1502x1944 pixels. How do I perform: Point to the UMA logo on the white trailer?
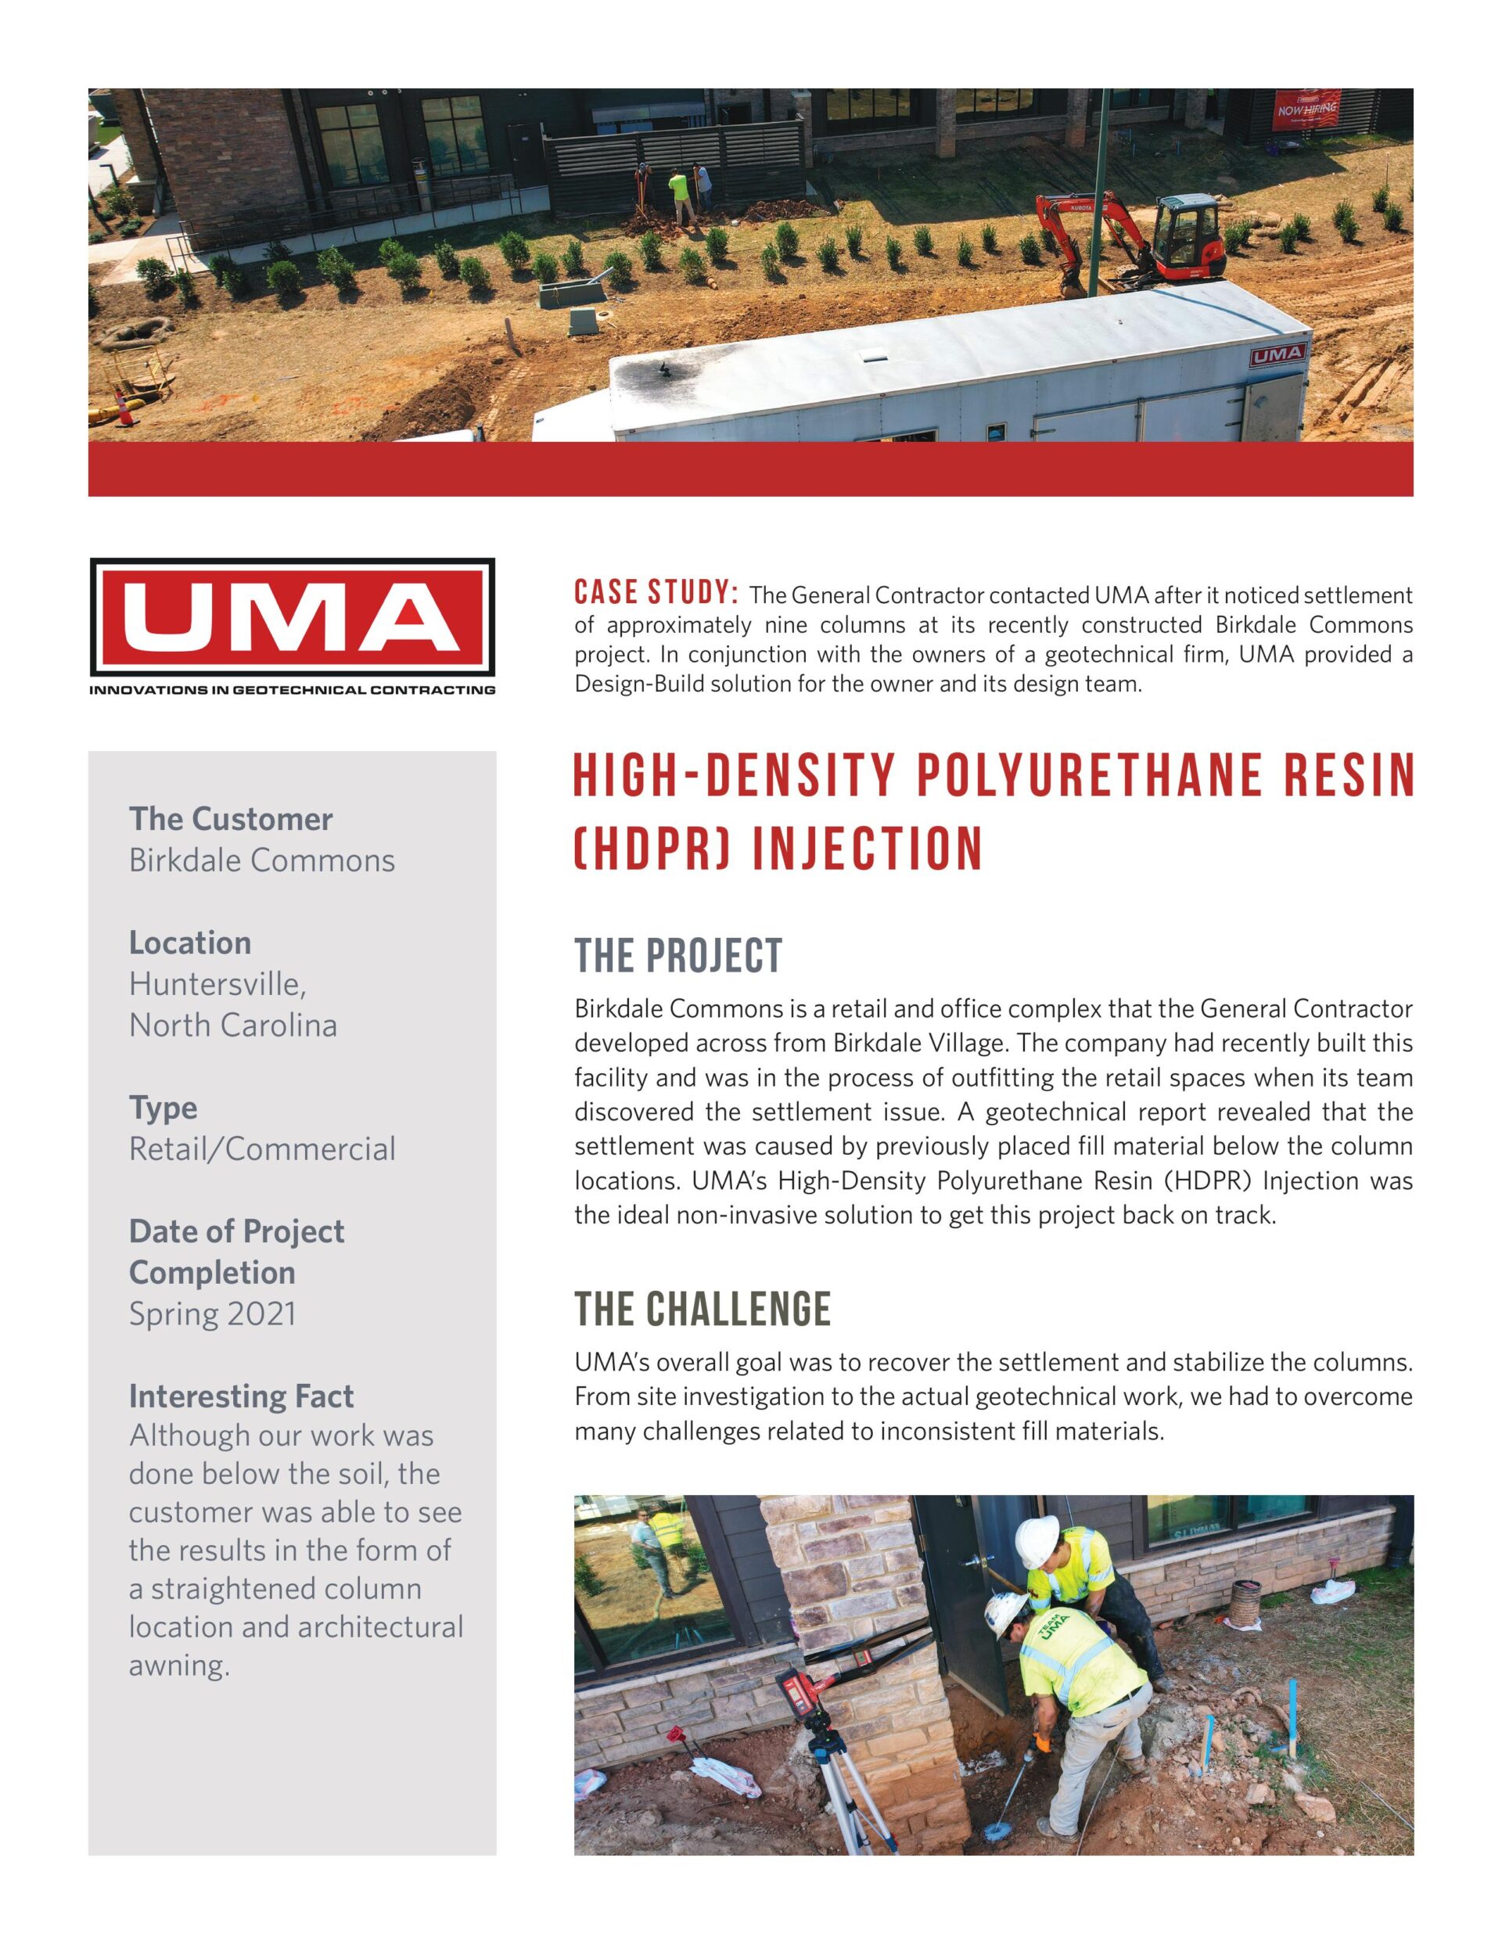(x=1279, y=357)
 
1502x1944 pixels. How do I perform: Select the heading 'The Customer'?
(x=231, y=819)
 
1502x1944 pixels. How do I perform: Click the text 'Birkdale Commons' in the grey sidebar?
(x=262, y=861)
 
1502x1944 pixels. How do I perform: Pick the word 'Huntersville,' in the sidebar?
(x=218, y=984)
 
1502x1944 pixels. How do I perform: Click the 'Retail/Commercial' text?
(x=262, y=1149)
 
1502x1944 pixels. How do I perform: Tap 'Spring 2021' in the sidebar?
(x=212, y=1313)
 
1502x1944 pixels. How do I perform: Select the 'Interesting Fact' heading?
(x=241, y=1396)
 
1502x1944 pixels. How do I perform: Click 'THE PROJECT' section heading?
(x=677, y=956)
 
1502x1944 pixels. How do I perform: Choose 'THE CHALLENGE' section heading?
(x=702, y=1310)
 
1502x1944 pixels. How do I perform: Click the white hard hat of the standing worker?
(x=1037, y=1536)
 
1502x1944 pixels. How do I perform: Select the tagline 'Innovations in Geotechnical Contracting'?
(x=292, y=690)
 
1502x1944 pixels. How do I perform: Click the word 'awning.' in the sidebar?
(x=179, y=1665)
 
